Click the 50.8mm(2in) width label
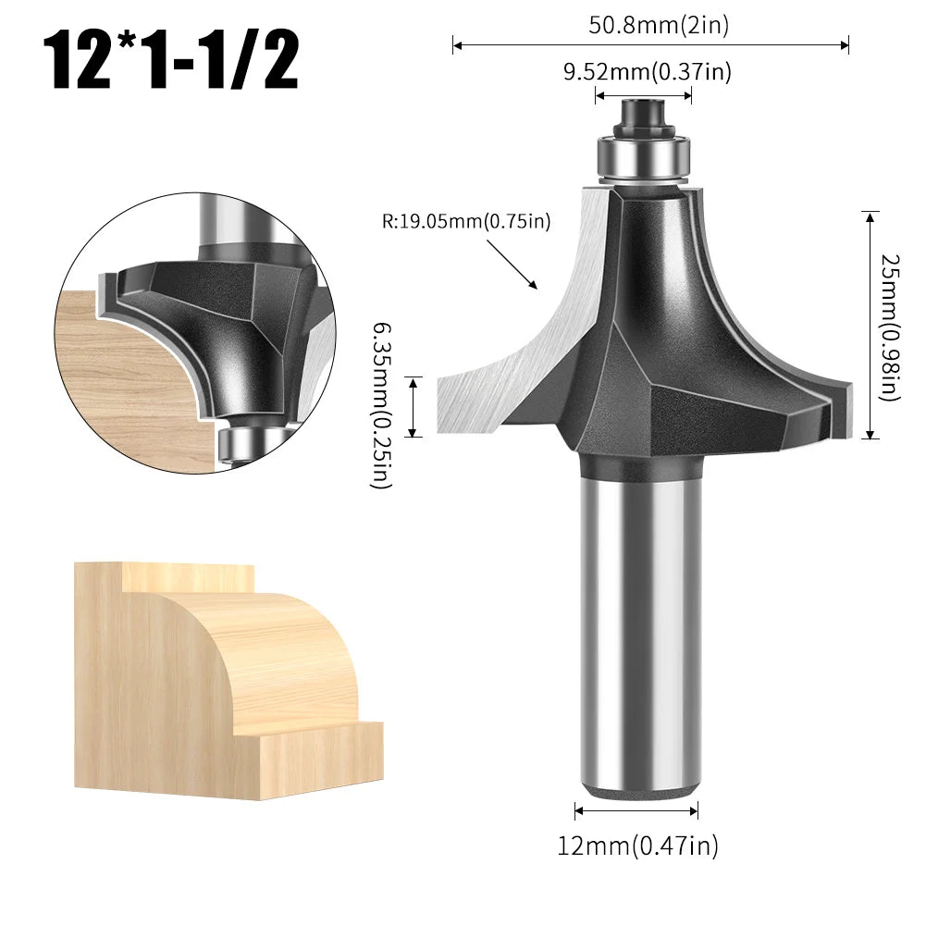click(658, 25)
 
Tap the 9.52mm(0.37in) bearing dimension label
click(648, 72)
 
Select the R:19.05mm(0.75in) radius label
click(466, 221)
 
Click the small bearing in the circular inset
click(239, 442)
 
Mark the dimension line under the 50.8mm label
click(650, 44)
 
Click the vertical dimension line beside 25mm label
click(870, 325)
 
